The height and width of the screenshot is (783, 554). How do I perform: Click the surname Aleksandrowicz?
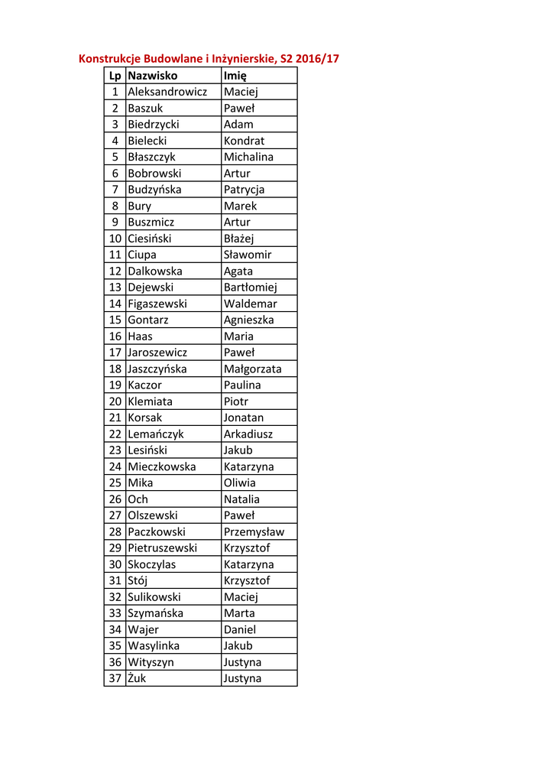167,92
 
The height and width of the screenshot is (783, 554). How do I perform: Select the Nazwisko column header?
152,76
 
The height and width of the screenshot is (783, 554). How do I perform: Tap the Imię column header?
235,76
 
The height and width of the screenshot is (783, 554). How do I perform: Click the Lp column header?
115,76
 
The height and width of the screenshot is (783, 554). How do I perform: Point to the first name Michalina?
248,157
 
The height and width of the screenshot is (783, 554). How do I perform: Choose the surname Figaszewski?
157,304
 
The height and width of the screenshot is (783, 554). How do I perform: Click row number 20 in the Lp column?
115,401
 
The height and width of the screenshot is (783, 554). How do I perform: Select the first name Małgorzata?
252,369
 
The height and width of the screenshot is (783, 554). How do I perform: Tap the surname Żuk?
137,678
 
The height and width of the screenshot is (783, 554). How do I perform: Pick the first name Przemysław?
254,531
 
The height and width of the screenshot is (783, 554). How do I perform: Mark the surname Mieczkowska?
161,466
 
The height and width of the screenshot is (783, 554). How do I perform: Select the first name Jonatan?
243,417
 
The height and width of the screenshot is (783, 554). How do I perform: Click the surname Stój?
138,580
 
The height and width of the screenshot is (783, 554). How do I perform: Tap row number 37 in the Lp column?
115,678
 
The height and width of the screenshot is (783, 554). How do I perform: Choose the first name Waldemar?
250,304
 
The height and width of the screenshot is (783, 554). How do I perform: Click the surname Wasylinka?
154,645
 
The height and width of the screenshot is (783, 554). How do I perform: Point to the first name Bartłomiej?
250,288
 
